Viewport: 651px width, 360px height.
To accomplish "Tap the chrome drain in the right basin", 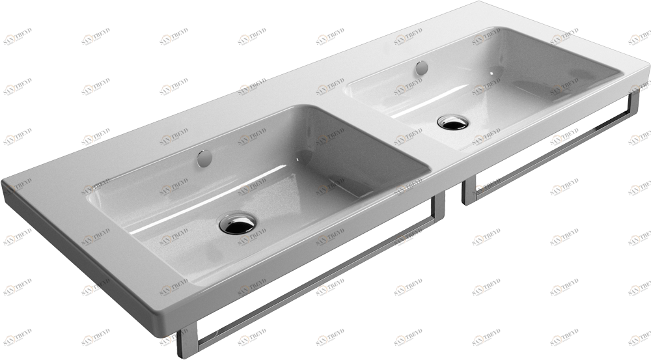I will pos(450,121).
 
